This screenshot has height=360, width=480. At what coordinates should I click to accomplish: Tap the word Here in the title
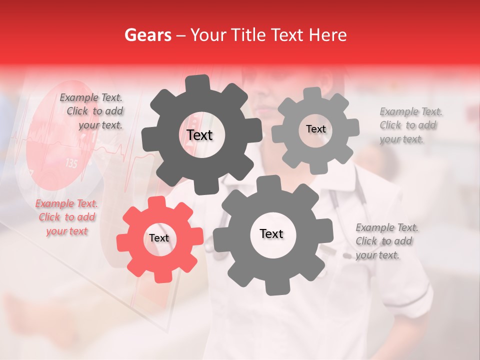pyautogui.click(x=328, y=35)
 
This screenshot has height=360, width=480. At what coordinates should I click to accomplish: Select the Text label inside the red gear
pyautogui.click(x=159, y=238)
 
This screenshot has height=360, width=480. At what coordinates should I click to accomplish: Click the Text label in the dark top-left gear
pyautogui.click(x=199, y=135)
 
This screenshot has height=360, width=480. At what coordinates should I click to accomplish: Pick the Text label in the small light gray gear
pyautogui.click(x=315, y=129)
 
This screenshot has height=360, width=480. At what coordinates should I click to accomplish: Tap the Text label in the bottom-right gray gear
pyautogui.click(x=271, y=234)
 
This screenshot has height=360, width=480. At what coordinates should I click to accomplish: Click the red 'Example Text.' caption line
pyautogui.click(x=66, y=203)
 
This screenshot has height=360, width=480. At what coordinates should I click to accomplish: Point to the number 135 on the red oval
pyautogui.click(x=71, y=163)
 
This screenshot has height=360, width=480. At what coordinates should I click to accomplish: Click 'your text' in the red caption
pyautogui.click(x=67, y=231)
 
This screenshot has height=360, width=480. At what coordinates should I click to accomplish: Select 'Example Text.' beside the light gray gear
pyautogui.click(x=411, y=111)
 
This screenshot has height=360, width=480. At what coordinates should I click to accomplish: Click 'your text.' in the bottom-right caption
pyautogui.click(x=377, y=255)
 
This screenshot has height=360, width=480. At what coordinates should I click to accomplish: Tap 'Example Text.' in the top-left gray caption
pyautogui.click(x=91, y=98)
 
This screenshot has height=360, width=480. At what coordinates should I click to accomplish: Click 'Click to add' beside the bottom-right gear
pyautogui.click(x=384, y=241)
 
